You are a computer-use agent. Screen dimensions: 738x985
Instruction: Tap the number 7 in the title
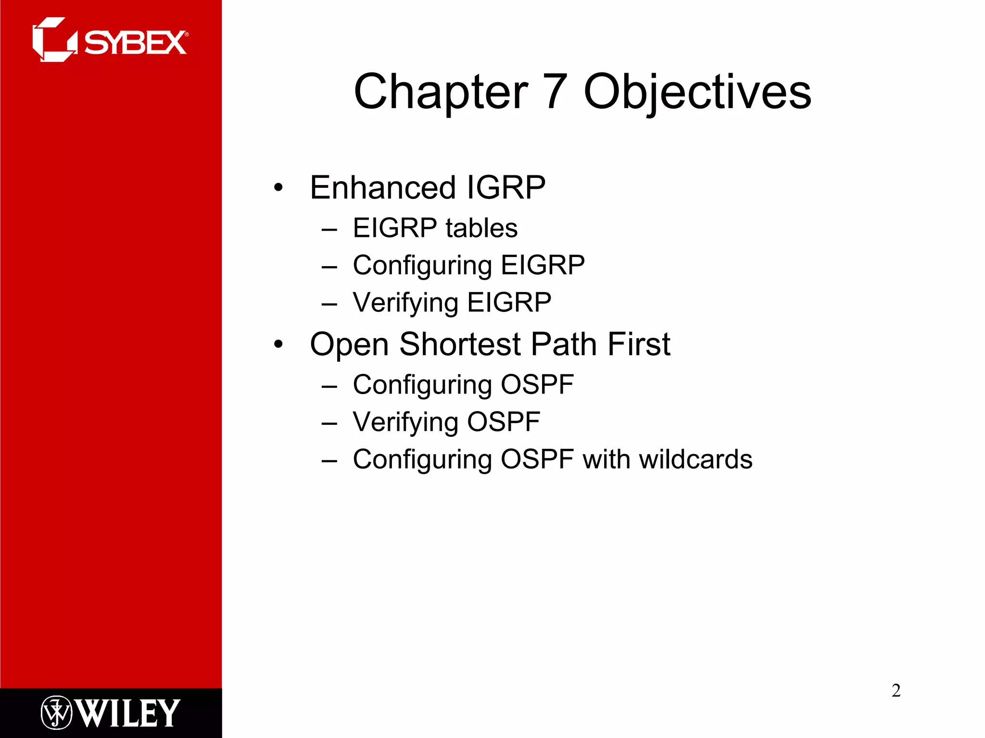click(555, 91)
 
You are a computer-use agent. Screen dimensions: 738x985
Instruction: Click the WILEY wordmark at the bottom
click(128, 713)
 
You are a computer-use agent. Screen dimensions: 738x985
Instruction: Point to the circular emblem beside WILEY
click(56, 713)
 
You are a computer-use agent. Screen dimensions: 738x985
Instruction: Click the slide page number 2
click(896, 690)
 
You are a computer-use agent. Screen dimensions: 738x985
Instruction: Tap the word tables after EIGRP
click(481, 228)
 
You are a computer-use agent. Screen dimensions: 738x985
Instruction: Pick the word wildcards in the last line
click(695, 459)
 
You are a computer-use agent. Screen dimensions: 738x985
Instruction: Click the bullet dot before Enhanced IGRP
click(278, 188)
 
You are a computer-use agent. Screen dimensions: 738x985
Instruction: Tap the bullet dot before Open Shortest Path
click(278, 344)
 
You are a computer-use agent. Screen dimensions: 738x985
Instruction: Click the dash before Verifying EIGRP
click(329, 304)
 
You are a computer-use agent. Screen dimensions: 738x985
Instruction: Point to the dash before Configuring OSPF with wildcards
click(329, 461)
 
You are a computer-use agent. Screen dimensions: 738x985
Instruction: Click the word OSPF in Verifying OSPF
click(504, 422)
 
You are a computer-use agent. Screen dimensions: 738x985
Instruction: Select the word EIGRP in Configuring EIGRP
click(543, 265)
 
